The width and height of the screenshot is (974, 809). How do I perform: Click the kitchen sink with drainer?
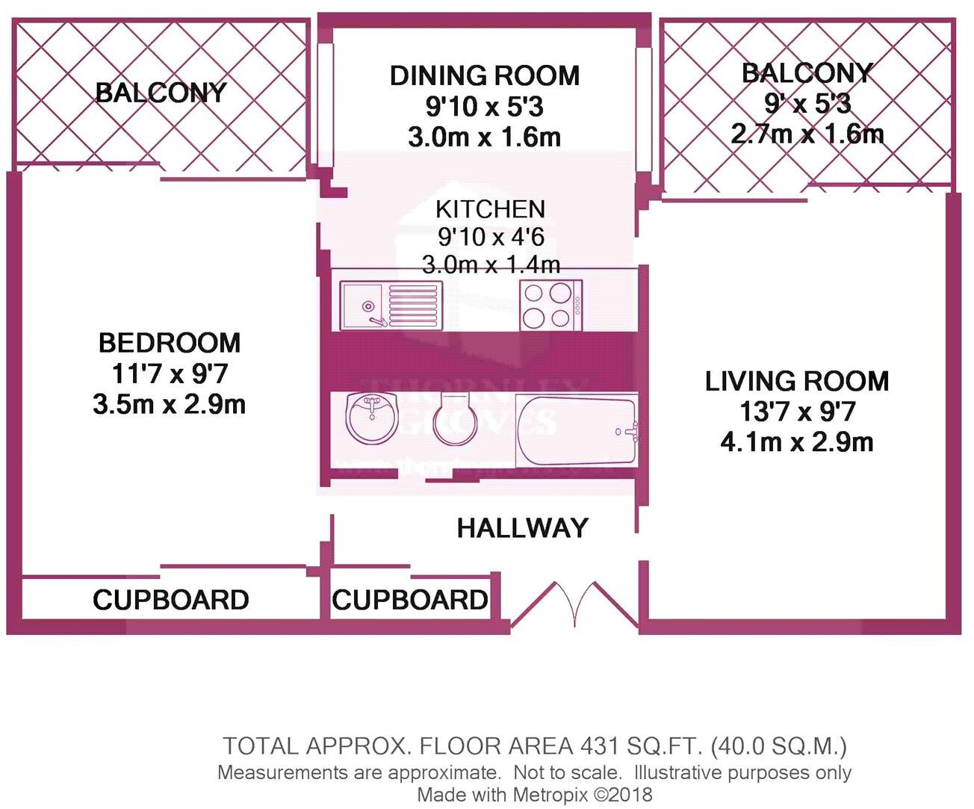pyautogui.click(x=390, y=306)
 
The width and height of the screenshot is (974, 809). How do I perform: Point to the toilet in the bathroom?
pyautogui.click(x=454, y=418)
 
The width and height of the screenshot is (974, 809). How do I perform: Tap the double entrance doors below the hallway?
pyautogui.click(x=575, y=603)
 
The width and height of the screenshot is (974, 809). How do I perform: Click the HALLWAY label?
pyautogui.click(x=522, y=528)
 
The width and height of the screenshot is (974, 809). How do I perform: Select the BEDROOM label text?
pyautogui.click(x=170, y=343)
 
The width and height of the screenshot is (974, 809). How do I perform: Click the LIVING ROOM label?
pyautogui.click(x=796, y=381)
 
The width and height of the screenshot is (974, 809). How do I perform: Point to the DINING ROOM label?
pyautogui.click(x=484, y=75)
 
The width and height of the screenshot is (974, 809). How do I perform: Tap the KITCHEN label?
pyautogui.click(x=490, y=209)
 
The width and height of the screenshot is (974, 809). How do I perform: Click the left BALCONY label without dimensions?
pyautogui.click(x=161, y=93)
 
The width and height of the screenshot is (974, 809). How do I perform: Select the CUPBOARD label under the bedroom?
pyautogui.click(x=170, y=600)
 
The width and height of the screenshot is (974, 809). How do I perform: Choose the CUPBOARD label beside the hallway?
pyautogui.click(x=409, y=600)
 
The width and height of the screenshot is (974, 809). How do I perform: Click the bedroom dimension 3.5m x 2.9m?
pyautogui.click(x=170, y=404)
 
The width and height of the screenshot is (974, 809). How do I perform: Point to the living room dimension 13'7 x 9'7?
pyautogui.click(x=796, y=412)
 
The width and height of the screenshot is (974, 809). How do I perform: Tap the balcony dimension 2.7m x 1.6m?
pyautogui.click(x=807, y=134)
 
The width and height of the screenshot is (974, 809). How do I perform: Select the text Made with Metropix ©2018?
pyautogui.click(x=534, y=794)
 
